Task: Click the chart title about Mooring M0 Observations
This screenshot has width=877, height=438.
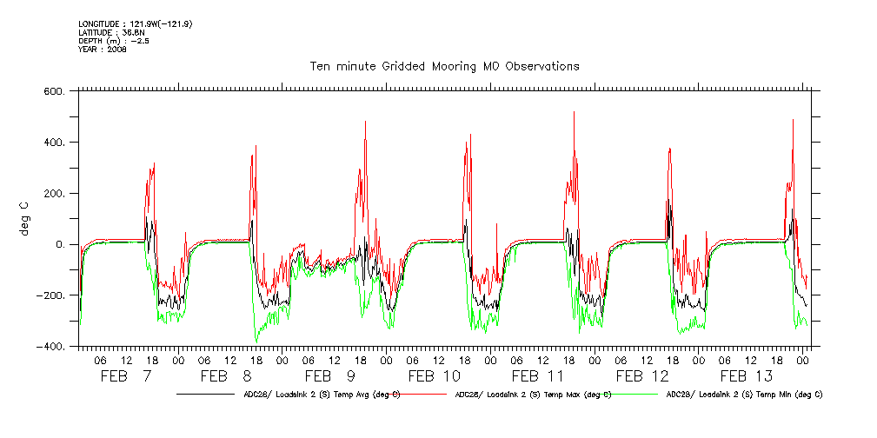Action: pos(444,66)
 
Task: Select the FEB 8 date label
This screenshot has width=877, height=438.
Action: pos(229,376)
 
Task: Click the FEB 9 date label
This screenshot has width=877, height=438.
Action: pos(329,376)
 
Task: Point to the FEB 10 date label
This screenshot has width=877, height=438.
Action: pos(435,376)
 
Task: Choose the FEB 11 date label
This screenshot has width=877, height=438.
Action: pos(538,376)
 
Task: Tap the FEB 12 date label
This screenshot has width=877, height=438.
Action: pos(642,376)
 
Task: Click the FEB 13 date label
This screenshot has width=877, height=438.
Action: pos(746,376)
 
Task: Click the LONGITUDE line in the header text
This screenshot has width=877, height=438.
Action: pos(135,23)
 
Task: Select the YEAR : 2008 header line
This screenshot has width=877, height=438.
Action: pos(103,50)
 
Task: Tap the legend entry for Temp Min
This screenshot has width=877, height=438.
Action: pos(743,394)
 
